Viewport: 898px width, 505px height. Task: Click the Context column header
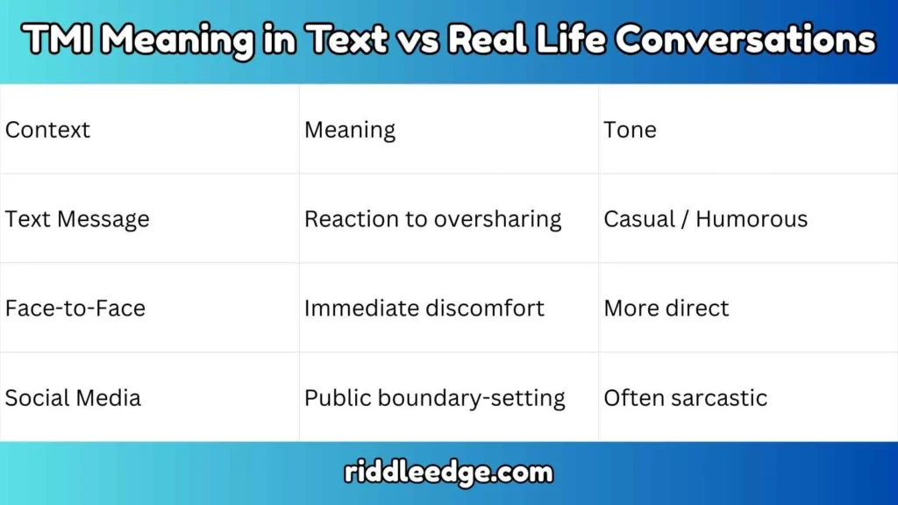47,130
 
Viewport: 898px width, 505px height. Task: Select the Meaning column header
350,130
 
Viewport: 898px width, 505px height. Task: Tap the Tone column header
630,130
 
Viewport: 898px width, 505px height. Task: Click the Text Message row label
77,219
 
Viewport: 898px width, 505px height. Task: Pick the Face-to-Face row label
75,309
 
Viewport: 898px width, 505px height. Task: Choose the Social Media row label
73,398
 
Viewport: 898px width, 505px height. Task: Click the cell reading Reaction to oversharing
432,219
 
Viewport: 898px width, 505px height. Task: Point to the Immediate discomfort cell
424,309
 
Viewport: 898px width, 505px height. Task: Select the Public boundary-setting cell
434,398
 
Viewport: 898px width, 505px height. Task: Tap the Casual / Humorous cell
705,219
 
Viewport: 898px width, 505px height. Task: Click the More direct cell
666,309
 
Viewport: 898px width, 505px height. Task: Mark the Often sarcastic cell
685,398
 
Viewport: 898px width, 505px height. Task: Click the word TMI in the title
54,40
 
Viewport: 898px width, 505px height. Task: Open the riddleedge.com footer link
449,473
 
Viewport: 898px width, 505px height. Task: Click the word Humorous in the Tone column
752,219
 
